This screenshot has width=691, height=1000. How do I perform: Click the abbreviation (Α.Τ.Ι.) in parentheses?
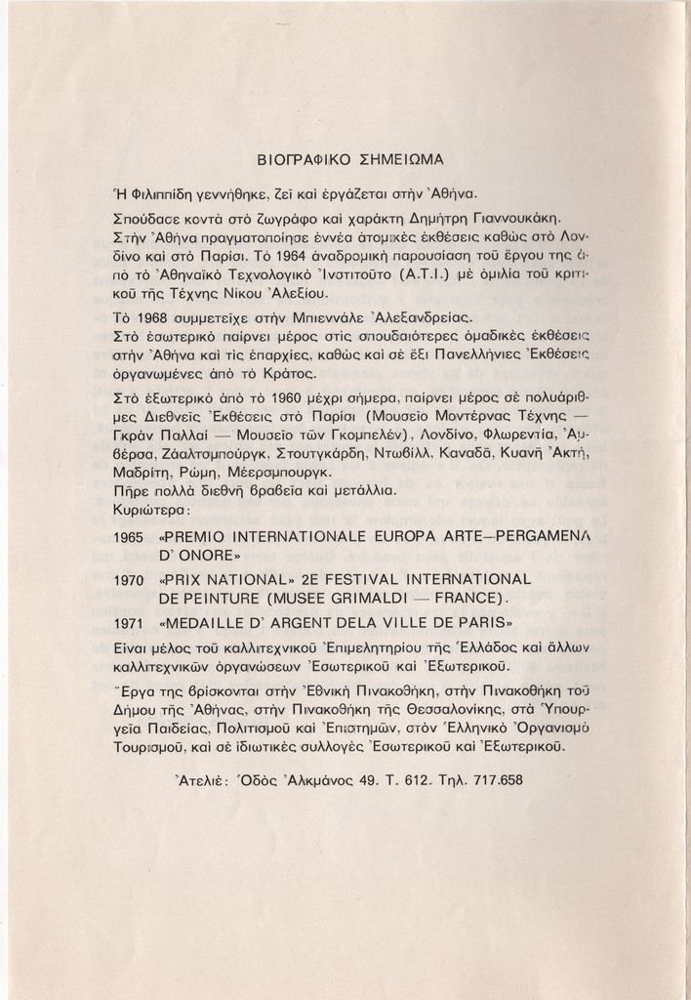point(417,275)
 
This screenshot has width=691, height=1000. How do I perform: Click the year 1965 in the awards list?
point(130,537)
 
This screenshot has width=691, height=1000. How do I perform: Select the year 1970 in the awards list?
point(130,580)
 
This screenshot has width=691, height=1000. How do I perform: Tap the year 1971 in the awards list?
point(130,622)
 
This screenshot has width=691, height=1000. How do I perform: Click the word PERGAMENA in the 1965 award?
point(541,536)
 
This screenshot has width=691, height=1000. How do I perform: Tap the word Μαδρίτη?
point(142,472)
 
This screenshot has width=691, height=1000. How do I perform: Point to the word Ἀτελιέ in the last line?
point(201,780)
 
